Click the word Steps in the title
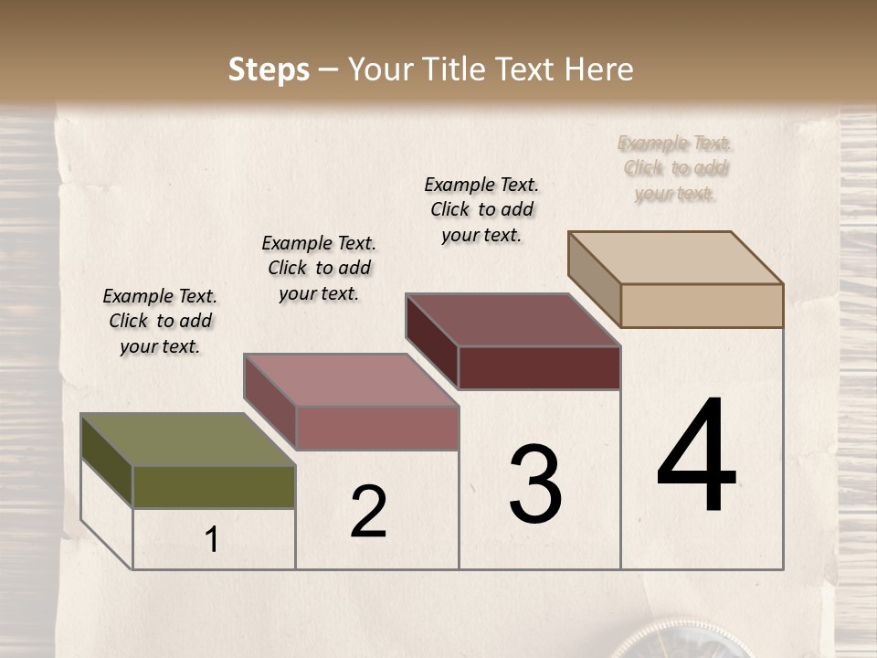269,70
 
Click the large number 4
696,456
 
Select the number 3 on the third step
535,484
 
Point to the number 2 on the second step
368,512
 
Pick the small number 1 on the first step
212,540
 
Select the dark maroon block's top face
512,320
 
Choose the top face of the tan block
675,258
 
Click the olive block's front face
214,486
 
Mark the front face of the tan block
702,305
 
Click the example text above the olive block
160,321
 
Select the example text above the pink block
319,268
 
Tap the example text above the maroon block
481,209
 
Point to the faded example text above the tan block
675,168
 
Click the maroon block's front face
539,367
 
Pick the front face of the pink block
376,428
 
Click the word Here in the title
598,70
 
